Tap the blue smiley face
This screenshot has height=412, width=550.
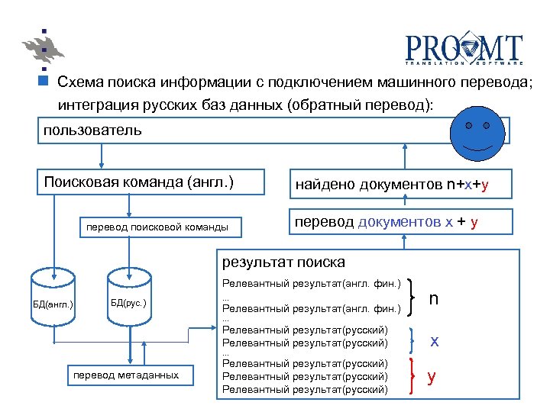click(477, 130)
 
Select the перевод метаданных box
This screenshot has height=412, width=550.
click(126, 375)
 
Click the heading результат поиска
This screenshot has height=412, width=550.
click(283, 262)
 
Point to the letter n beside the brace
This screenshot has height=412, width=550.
click(433, 299)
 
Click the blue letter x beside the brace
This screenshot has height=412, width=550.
click(434, 340)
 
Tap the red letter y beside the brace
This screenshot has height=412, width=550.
click(432, 376)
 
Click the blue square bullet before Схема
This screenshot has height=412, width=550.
click(44, 80)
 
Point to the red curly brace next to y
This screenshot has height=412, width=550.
click(413, 376)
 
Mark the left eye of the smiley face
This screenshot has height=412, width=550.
click(467, 124)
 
